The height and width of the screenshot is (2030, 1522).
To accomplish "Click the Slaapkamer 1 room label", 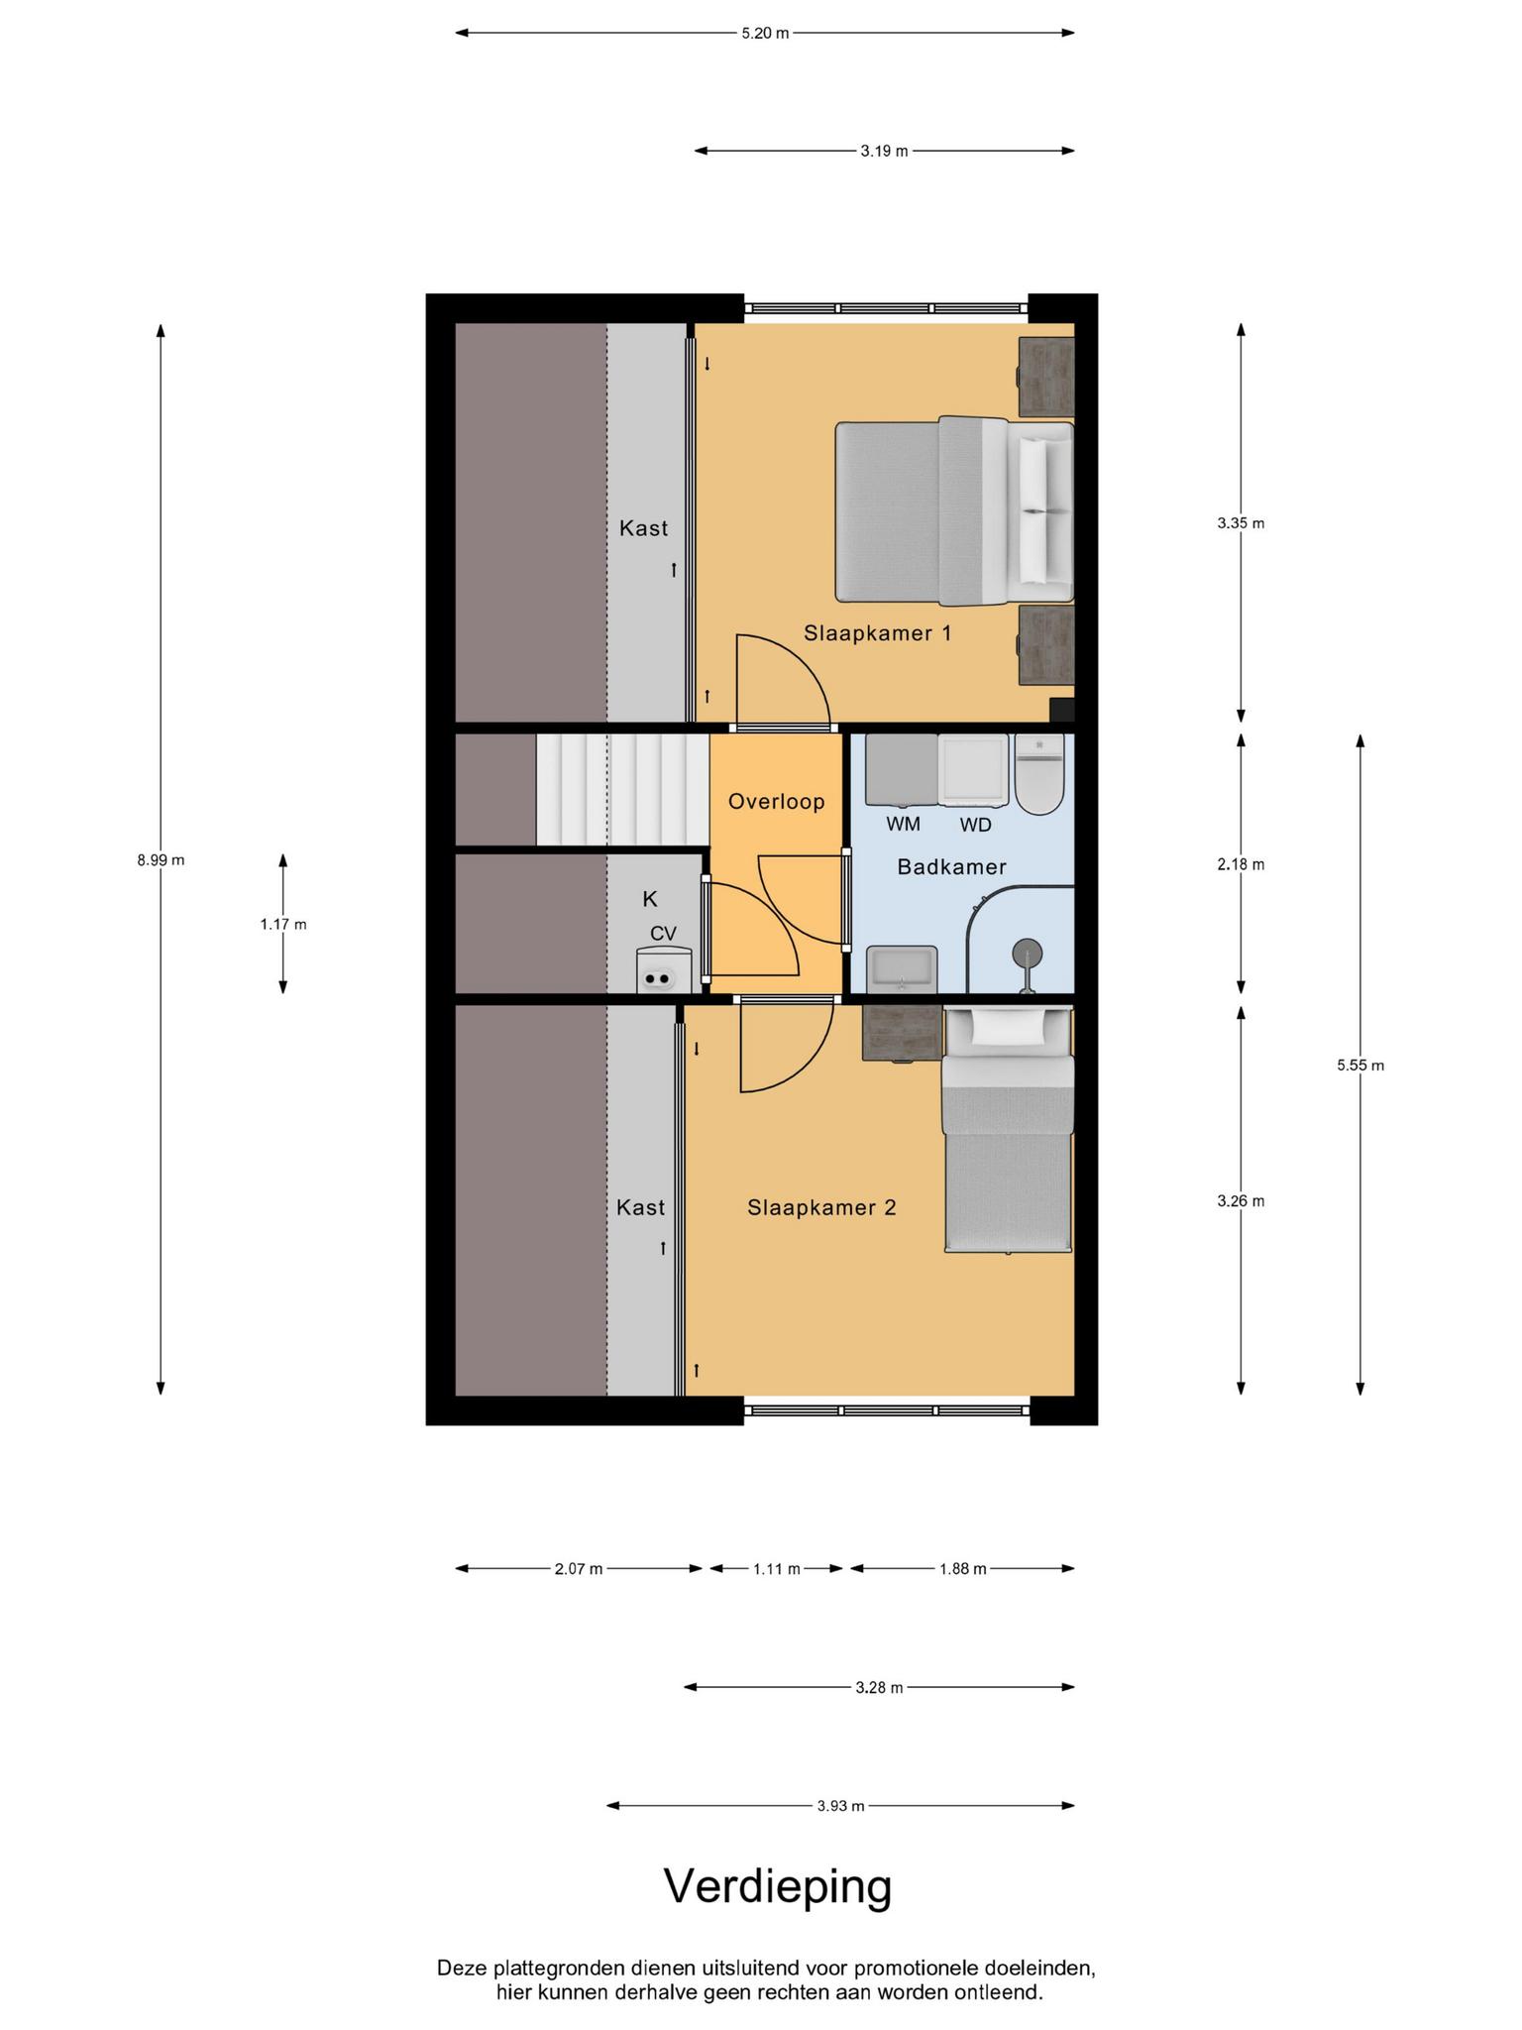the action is pos(877,632).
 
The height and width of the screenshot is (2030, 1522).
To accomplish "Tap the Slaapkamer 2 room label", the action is pos(821,1207).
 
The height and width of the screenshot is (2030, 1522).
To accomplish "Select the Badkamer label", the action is pos(951,867).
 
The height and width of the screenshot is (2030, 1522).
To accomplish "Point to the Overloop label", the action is pos(776,801).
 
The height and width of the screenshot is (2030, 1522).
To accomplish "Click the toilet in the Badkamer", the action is pos(1038,774).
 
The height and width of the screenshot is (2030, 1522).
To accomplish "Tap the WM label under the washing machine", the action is pos(903,824).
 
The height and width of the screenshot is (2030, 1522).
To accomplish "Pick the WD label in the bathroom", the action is pos(975,824).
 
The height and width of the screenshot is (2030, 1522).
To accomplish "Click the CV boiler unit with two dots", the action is pos(663,969).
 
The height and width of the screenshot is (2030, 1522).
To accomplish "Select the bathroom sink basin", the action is pos(901,968).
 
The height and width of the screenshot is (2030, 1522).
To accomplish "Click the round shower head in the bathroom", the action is pos(1027,954).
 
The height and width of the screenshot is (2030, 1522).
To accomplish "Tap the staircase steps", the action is pos(622,789).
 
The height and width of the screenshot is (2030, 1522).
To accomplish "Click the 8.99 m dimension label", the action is pos(161,860).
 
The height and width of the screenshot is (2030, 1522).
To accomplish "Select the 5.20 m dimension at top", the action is pos(765,33).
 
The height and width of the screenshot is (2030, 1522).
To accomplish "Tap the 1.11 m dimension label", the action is pos(776,1569).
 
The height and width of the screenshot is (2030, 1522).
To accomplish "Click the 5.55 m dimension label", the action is pos(1360,1066).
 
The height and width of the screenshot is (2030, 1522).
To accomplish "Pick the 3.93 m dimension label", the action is pos(840,1806).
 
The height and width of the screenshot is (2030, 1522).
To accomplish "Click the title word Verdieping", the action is pos(778,1886).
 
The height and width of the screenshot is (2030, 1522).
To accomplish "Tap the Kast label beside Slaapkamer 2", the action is pos(640,1207).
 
